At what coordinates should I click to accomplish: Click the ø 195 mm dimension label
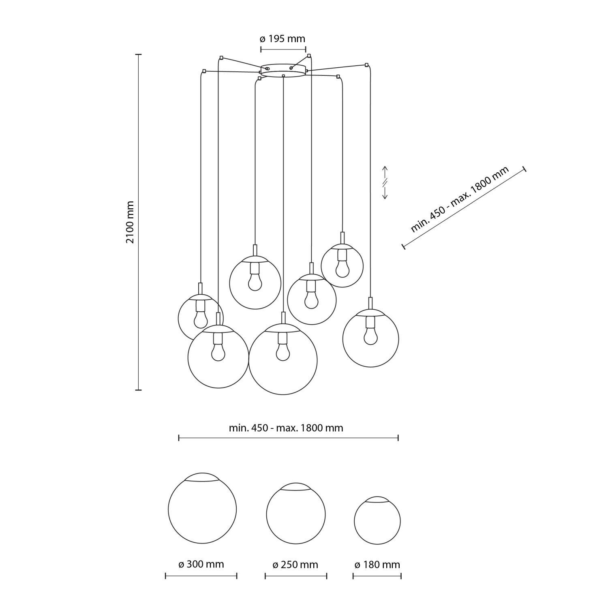click(282, 39)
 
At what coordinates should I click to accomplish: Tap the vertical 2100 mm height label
click(130, 222)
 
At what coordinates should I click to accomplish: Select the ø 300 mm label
click(201, 564)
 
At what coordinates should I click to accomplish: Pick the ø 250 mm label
click(295, 565)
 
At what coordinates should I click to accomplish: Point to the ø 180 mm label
click(377, 565)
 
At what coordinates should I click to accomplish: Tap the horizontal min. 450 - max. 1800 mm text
click(286, 428)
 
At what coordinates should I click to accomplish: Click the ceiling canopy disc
click(283, 70)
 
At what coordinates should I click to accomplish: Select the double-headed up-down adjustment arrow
click(385, 182)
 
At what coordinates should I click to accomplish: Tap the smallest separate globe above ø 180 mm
click(377, 520)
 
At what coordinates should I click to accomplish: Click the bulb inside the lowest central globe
click(283, 351)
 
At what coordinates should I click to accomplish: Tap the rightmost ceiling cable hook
click(367, 65)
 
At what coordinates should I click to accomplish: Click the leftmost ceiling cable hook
click(204, 71)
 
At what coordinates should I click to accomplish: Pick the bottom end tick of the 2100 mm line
click(138, 390)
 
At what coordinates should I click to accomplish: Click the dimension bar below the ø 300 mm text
click(201, 576)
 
